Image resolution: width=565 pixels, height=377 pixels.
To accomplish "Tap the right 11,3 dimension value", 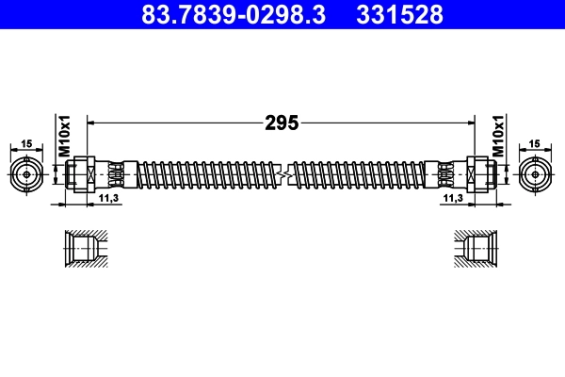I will coord(453,199).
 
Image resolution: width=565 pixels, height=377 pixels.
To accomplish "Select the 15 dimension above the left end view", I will coord(27,142).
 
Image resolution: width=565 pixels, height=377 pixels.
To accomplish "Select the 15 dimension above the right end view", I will coord(537,142).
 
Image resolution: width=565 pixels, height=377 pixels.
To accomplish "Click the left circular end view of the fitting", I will coord(27,174).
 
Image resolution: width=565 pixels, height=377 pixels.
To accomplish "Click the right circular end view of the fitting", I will coord(537,174).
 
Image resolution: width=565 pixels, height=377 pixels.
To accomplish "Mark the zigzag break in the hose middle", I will coord(282,174).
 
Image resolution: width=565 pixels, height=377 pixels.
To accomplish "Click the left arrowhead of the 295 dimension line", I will coord(91,122).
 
